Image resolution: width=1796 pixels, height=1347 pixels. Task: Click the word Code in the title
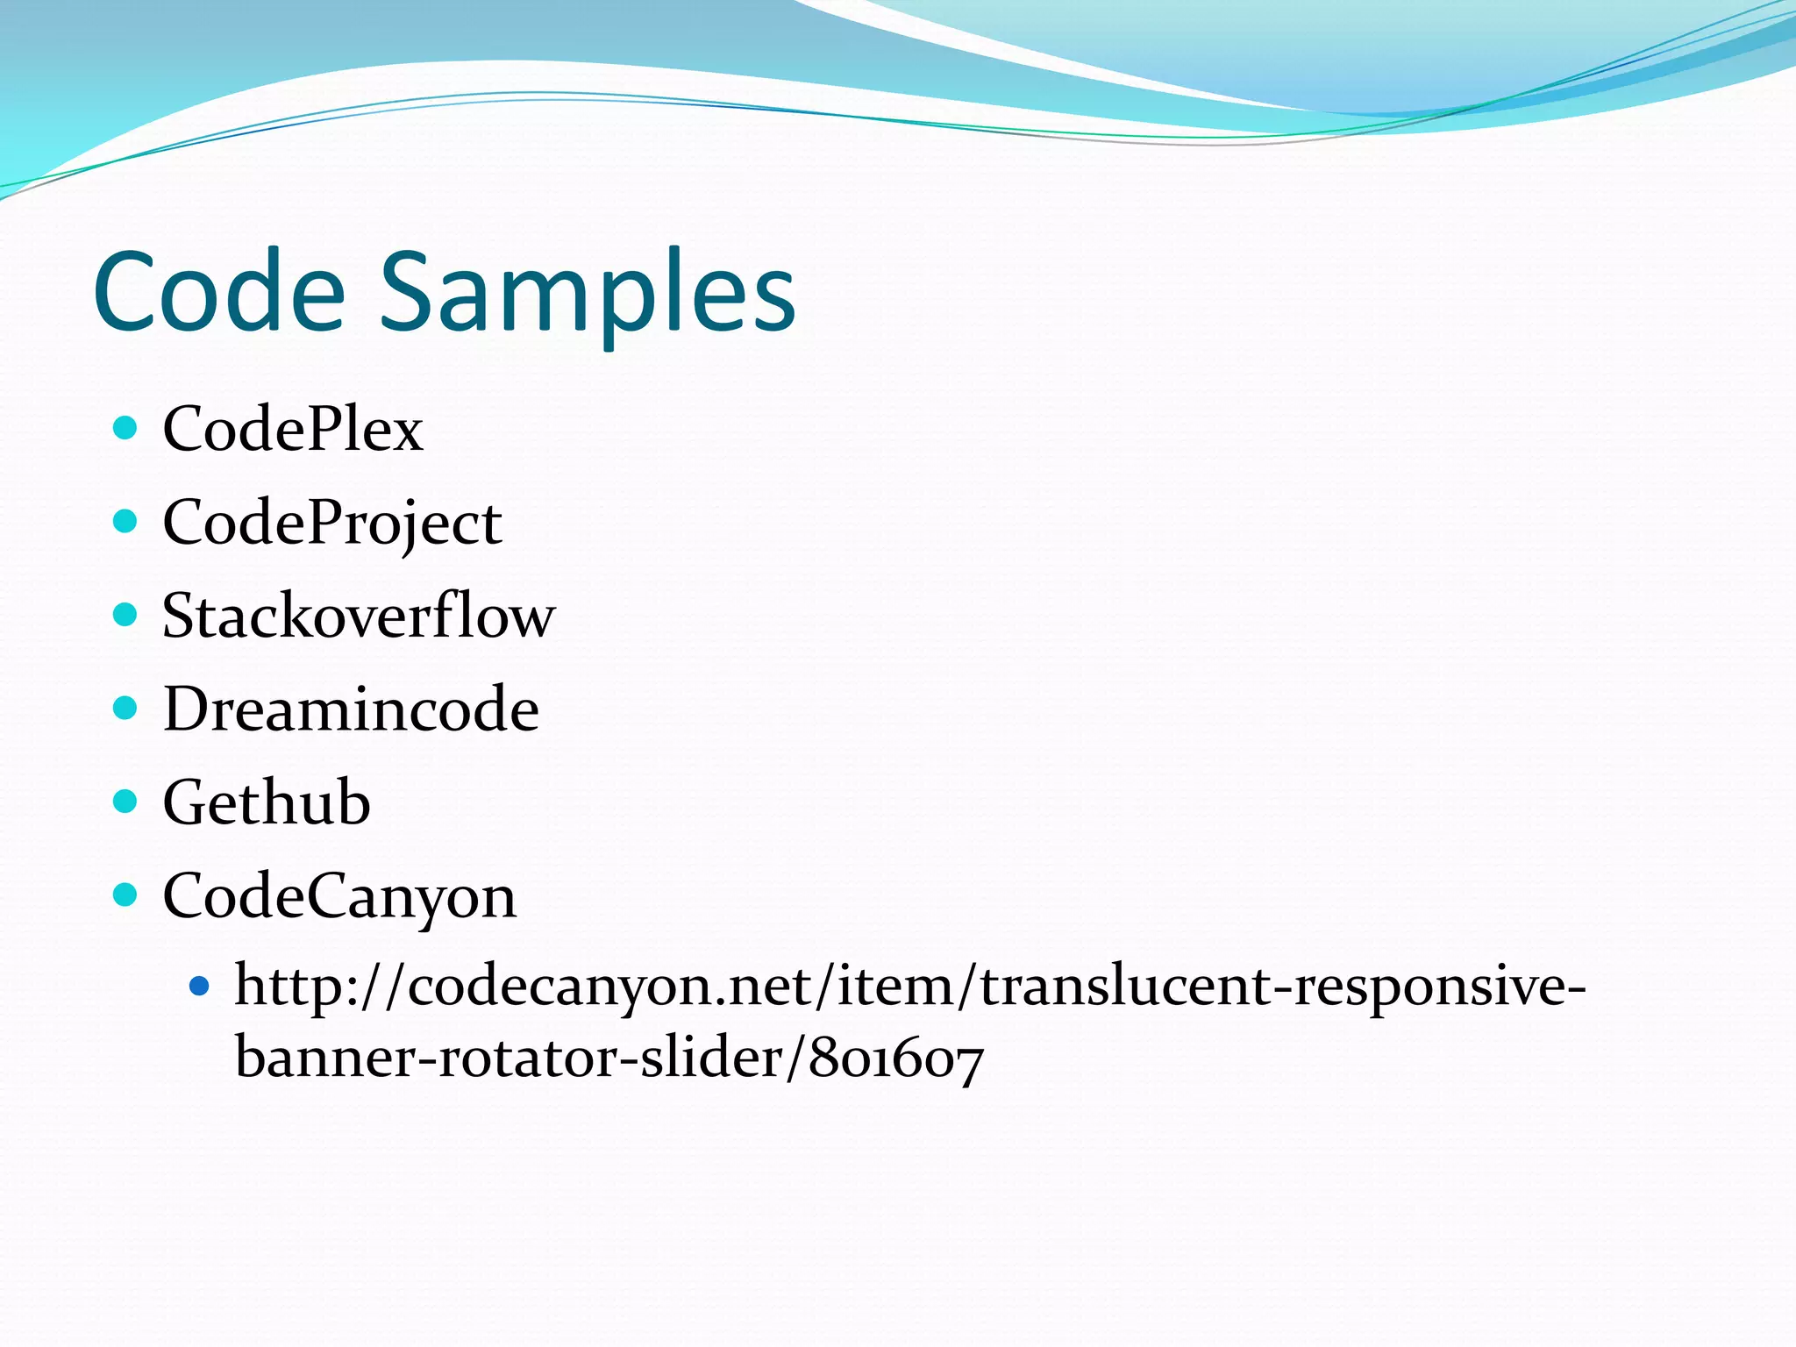219,291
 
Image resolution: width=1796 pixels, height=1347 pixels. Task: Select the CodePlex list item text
293,429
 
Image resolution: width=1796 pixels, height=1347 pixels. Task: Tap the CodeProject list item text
332,524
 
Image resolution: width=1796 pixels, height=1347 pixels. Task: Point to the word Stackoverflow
359,616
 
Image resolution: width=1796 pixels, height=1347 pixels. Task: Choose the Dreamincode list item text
351,709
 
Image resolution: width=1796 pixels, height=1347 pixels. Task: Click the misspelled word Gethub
267,802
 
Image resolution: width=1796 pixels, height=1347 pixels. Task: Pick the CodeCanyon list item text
339,896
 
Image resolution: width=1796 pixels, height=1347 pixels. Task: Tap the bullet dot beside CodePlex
126,428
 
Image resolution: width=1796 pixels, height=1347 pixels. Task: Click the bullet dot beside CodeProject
126,522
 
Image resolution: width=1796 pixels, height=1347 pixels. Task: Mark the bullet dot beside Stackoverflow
126,615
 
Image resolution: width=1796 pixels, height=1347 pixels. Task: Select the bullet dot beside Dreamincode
126,708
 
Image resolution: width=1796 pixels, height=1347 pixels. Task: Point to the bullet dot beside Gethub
126,802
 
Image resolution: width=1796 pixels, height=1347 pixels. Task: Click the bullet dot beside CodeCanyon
126,894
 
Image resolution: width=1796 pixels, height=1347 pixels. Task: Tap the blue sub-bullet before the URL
200,987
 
